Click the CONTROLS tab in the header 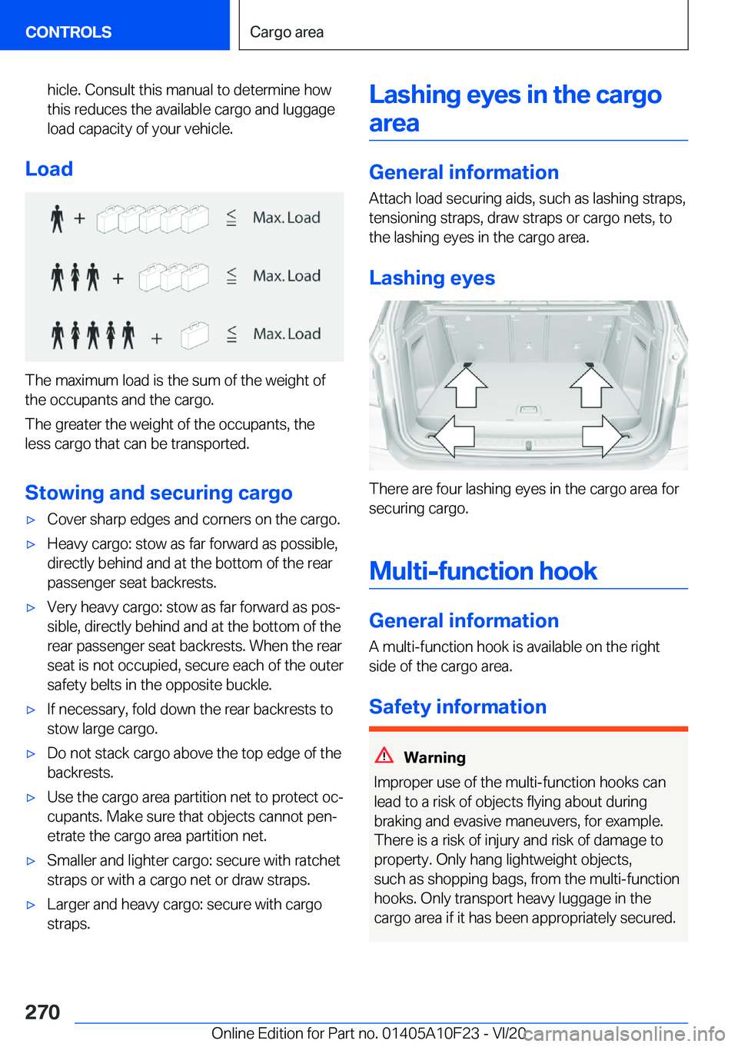68,32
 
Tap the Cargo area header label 287,32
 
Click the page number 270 42,1012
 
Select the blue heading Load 49,169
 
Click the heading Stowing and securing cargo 158,493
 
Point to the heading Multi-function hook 483,571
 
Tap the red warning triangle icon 384,755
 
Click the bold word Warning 434,758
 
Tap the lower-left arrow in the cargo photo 452,437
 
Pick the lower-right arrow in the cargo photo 603,437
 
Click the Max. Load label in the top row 287,218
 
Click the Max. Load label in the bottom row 287,334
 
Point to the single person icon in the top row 57,218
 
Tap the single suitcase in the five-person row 194,335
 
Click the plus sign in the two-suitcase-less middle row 118,278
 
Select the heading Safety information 457,707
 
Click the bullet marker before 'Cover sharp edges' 32,520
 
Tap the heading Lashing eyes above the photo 432,278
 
